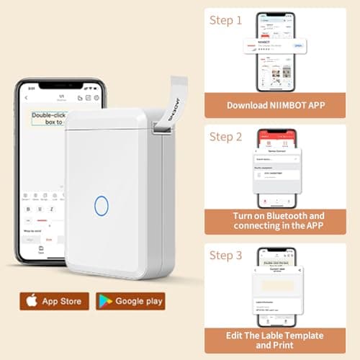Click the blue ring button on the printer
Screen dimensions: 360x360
[x=101, y=205]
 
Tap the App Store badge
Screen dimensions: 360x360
[x=55, y=301]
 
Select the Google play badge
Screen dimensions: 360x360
[x=131, y=301]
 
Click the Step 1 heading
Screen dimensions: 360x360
[x=225, y=21]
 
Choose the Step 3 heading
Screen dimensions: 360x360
[x=225, y=255]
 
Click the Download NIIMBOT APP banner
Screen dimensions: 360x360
[x=276, y=104]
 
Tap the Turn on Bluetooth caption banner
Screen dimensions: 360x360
[x=276, y=221]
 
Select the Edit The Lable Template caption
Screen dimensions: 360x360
[x=276, y=341]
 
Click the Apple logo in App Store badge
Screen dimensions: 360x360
[x=32, y=301]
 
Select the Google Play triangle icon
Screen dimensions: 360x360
[x=106, y=301]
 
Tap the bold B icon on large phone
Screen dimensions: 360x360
[x=29, y=209]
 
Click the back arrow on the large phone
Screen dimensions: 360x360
[x=27, y=97]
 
